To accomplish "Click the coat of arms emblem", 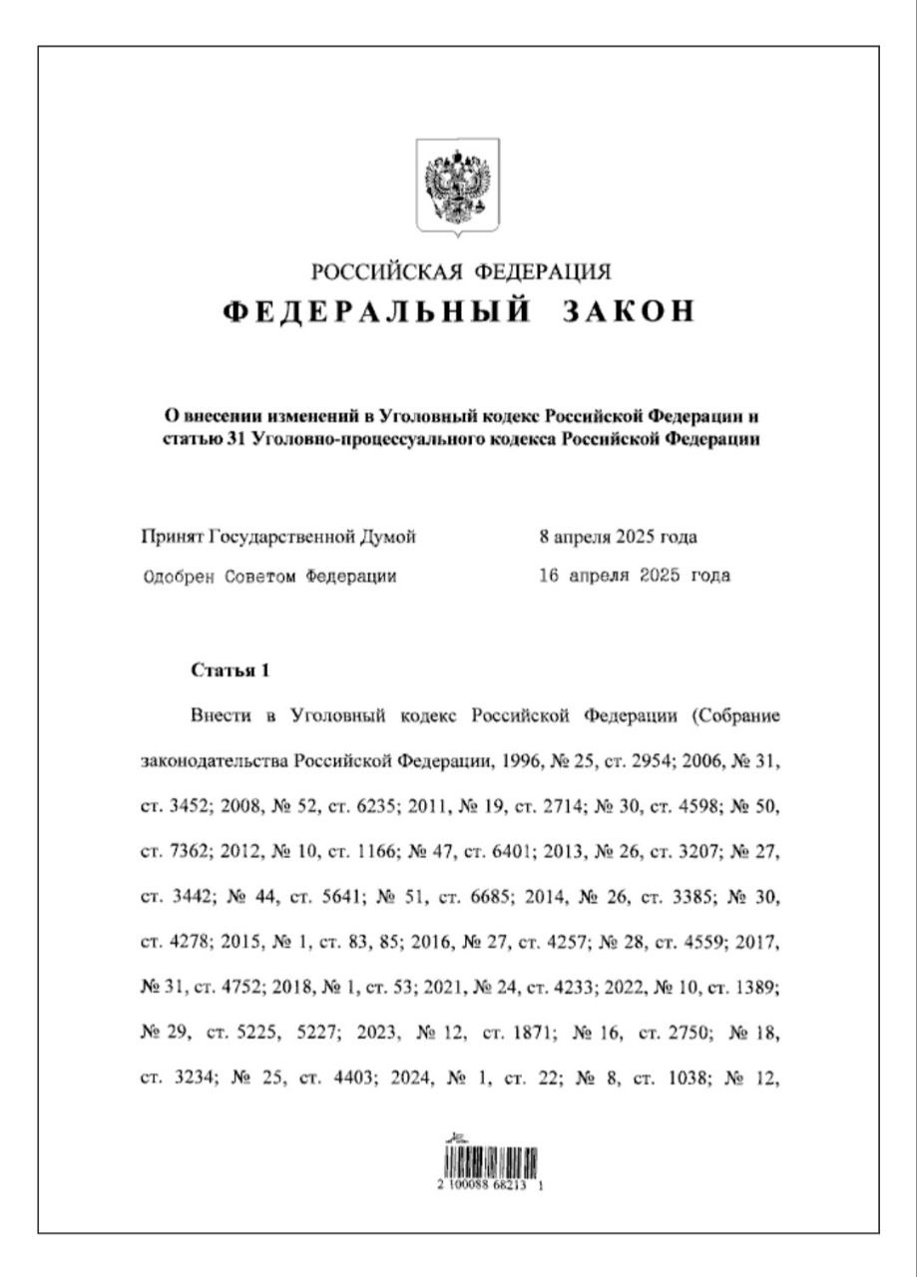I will [x=458, y=187].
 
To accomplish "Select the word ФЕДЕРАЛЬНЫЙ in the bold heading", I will [x=374, y=311].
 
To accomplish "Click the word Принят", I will [x=173, y=538].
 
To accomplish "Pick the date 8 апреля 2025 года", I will [x=618, y=538].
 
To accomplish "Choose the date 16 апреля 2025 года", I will [x=634, y=576].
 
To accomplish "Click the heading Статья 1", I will [x=229, y=670].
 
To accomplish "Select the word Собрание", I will [x=737, y=716].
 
